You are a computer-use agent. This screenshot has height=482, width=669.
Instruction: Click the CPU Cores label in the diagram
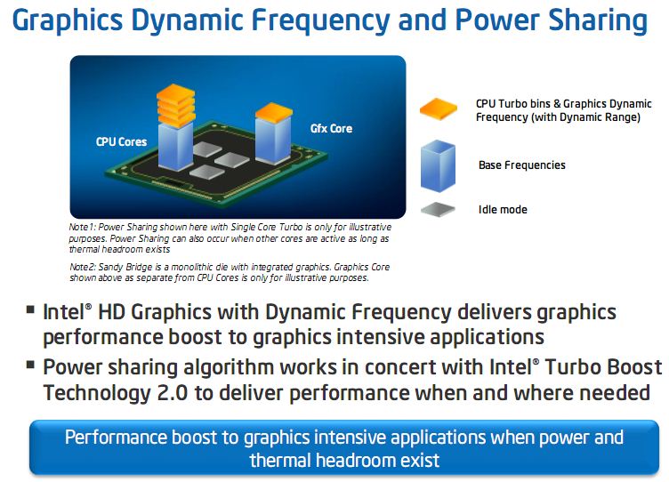pos(121,141)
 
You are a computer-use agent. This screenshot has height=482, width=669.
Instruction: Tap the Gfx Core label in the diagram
pos(331,128)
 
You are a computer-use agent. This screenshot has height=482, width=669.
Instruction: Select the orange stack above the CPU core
pos(176,105)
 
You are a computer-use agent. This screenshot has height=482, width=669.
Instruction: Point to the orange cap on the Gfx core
pos(274,113)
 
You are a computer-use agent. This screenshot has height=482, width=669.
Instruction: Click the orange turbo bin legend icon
pos(439,109)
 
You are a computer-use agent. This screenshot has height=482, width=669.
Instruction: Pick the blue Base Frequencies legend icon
pos(438,166)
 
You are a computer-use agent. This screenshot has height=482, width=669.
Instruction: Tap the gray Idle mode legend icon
pos(438,210)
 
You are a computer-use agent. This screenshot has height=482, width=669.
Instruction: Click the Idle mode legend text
pos(503,210)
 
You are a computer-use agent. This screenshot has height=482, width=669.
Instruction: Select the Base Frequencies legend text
pos(522,165)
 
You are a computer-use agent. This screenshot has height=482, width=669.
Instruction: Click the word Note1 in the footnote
pos(81,227)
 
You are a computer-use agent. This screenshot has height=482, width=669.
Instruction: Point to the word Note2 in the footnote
pos(83,267)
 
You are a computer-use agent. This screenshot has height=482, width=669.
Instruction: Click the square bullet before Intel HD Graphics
pos(30,309)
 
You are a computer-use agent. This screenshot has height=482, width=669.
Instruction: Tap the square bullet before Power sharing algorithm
pos(30,365)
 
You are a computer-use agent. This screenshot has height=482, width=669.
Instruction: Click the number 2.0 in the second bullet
pos(173,393)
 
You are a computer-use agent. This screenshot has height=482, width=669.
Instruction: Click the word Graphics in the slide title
pos(68,21)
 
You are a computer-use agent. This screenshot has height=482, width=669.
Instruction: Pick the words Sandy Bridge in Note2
pos(125,268)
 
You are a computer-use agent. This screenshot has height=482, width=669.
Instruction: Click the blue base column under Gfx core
pos(273,140)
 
